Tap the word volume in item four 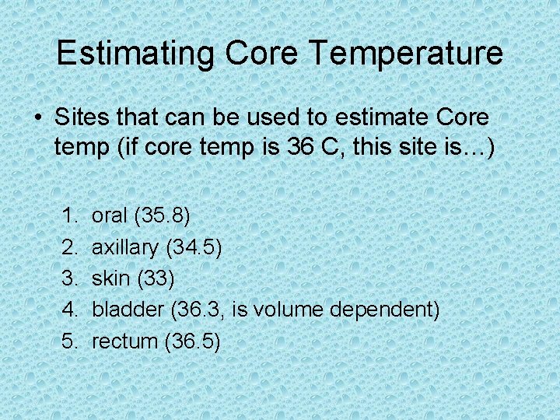(289, 310)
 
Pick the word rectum (124, 341)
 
